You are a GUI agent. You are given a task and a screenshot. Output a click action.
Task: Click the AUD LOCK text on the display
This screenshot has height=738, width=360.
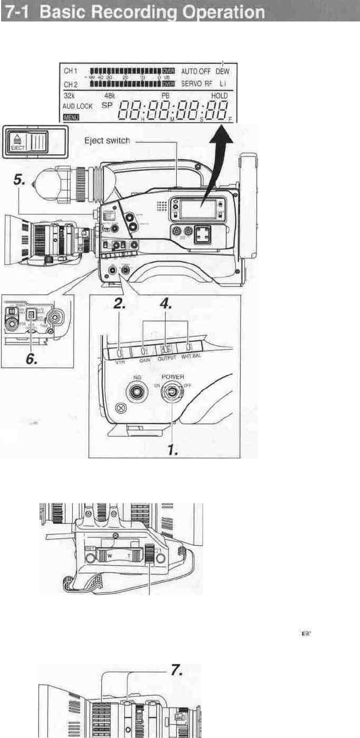point(77,106)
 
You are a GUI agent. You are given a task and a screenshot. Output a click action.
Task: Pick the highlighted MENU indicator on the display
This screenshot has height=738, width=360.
point(72,117)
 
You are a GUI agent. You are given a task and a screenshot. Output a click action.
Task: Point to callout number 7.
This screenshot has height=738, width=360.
point(176,673)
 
